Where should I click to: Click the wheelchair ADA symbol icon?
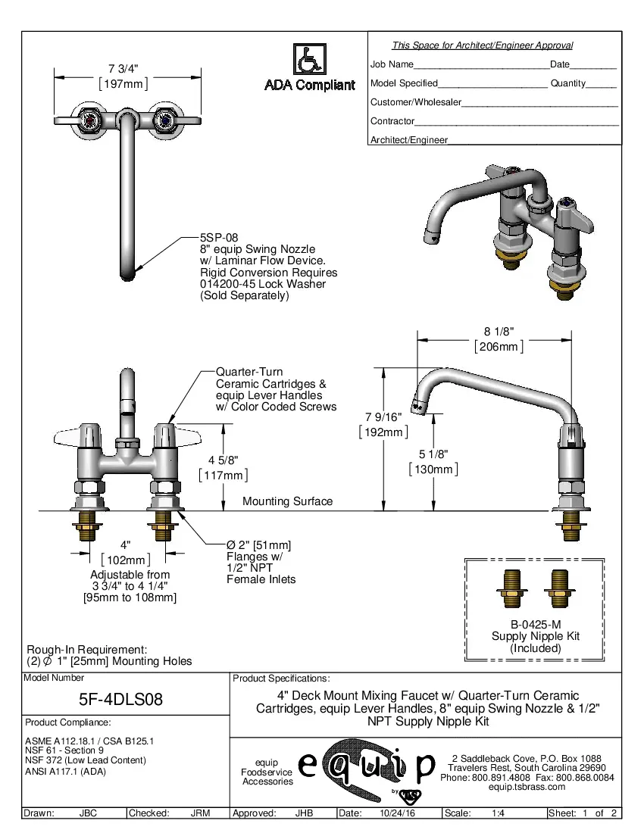pyautogui.click(x=309, y=58)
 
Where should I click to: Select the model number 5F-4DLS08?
pyautogui.click(x=121, y=699)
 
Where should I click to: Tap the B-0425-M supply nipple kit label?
pyautogui.click(x=535, y=624)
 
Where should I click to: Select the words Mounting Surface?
pyautogui.click(x=287, y=501)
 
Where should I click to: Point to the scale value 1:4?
pyautogui.click(x=499, y=813)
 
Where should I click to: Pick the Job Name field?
pyautogui.click(x=392, y=64)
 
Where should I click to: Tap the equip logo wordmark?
pyautogui.click(x=367, y=766)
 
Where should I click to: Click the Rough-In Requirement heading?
pyautogui.click(x=86, y=650)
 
